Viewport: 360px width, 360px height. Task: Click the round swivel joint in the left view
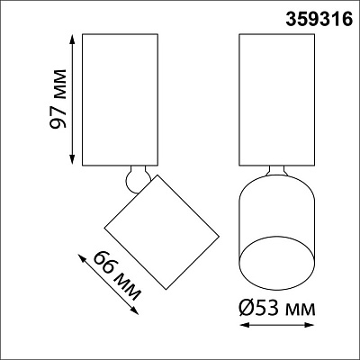click(x=136, y=177)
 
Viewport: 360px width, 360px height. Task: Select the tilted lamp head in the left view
click(x=163, y=230)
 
